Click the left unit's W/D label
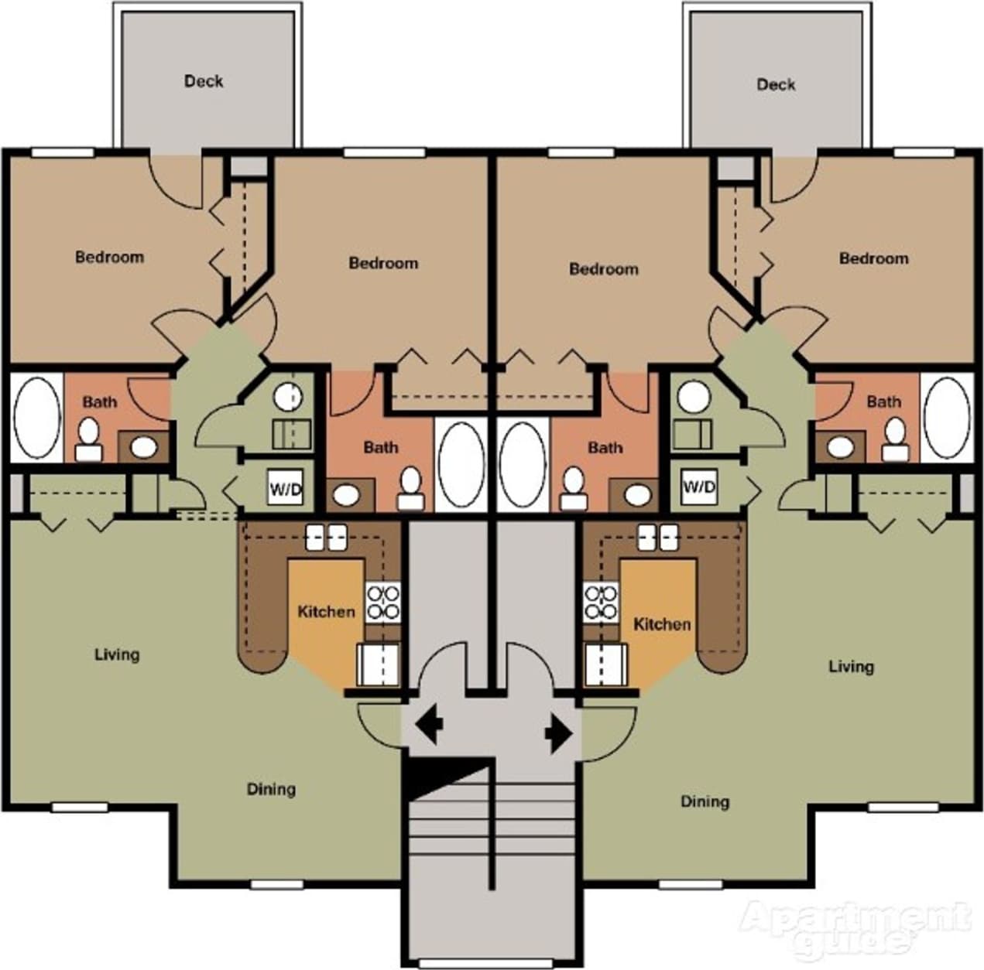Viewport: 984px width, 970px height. pyautogui.click(x=284, y=488)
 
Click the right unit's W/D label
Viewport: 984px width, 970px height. pyautogui.click(x=698, y=487)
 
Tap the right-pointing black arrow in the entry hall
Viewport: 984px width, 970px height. pyautogui.click(x=558, y=732)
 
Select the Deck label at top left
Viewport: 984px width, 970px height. pyautogui.click(x=204, y=80)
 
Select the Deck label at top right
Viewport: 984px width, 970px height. pyautogui.click(x=776, y=84)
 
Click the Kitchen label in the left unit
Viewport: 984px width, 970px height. pyautogui.click(x=326, y=612)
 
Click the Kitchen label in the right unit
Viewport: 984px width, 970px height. pyautogui.click(x=662, y=623)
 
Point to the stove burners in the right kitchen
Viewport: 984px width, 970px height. pyautogui.click(x=602, y=603)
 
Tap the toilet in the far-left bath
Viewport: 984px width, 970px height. pyautogui.click(x=88, y=438)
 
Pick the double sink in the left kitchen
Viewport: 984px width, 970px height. pyautogui.click(x=325, y=537)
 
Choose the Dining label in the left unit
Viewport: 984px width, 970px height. pyautogui.click(x=271, y=789)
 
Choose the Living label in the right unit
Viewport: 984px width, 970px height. pyautogui.click(x=851, y=666)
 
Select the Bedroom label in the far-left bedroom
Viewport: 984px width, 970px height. pyautogui.click(x=109, y=257)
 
